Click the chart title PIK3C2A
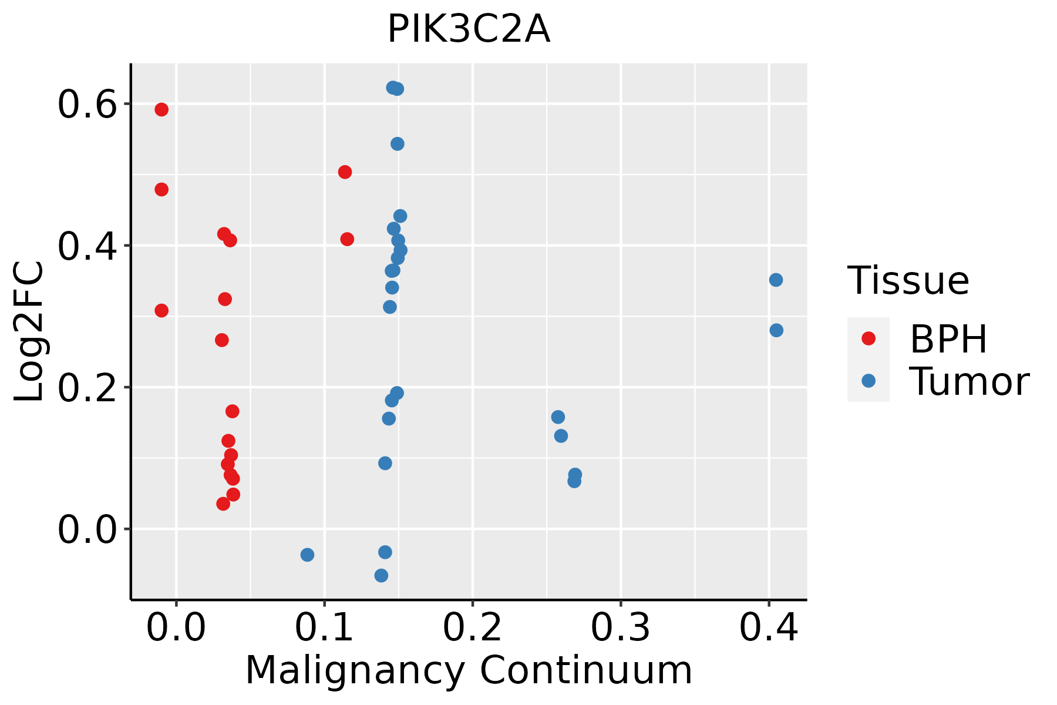tap(469, 29)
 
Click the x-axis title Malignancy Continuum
tap(469, 670)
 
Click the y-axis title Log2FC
tap(29, 332)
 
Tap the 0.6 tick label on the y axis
tap(87, 106)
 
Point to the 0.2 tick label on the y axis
tap(87, 389)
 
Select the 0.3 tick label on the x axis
tap(620, 628)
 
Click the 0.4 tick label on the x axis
tap(768, 628)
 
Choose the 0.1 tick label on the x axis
tap(324, 628)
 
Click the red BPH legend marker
tap(868, 338)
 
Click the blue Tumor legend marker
tap(868, 381)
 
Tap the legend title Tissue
tap(908, 281)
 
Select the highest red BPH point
tap(161, 109)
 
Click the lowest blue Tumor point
tap(381, 575)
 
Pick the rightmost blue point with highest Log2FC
tap(776, 280)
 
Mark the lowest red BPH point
tap(223, 503)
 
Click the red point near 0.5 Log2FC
tap(345, 172)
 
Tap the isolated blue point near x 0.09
tap(307, 555)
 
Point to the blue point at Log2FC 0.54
tap(398, 144)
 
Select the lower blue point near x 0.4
tap(776, 330)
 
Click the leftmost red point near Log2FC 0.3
tap(161, 310)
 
